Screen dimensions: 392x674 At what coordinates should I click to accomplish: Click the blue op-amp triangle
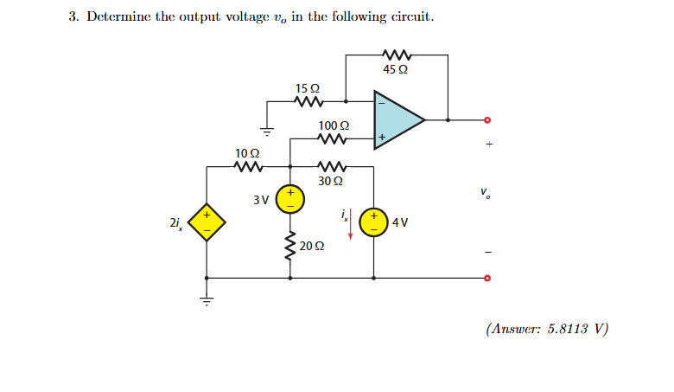pos(396,119)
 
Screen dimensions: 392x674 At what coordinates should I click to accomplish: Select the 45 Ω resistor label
pos(396,69)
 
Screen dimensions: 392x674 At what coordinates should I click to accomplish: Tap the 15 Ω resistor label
pos(308,88)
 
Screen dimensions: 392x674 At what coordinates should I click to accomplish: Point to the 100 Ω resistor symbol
pos(333,138)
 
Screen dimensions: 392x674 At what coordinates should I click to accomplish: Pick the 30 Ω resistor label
pos(331,182)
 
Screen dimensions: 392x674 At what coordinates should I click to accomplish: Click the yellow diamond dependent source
pos(207,222)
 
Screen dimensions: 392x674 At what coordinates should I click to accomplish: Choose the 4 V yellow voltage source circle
pos(374,222)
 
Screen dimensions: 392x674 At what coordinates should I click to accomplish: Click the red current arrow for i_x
pos(351,228)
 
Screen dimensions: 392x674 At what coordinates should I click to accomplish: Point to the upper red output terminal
pos(487,119)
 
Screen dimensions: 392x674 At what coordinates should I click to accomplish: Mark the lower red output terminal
pos(487,279)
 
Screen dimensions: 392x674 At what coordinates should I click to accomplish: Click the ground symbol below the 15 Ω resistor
pos(268,131)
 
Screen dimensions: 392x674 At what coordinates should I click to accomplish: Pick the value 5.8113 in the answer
pos(570,329)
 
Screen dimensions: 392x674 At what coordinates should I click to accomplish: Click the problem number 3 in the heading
pos(73,18)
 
